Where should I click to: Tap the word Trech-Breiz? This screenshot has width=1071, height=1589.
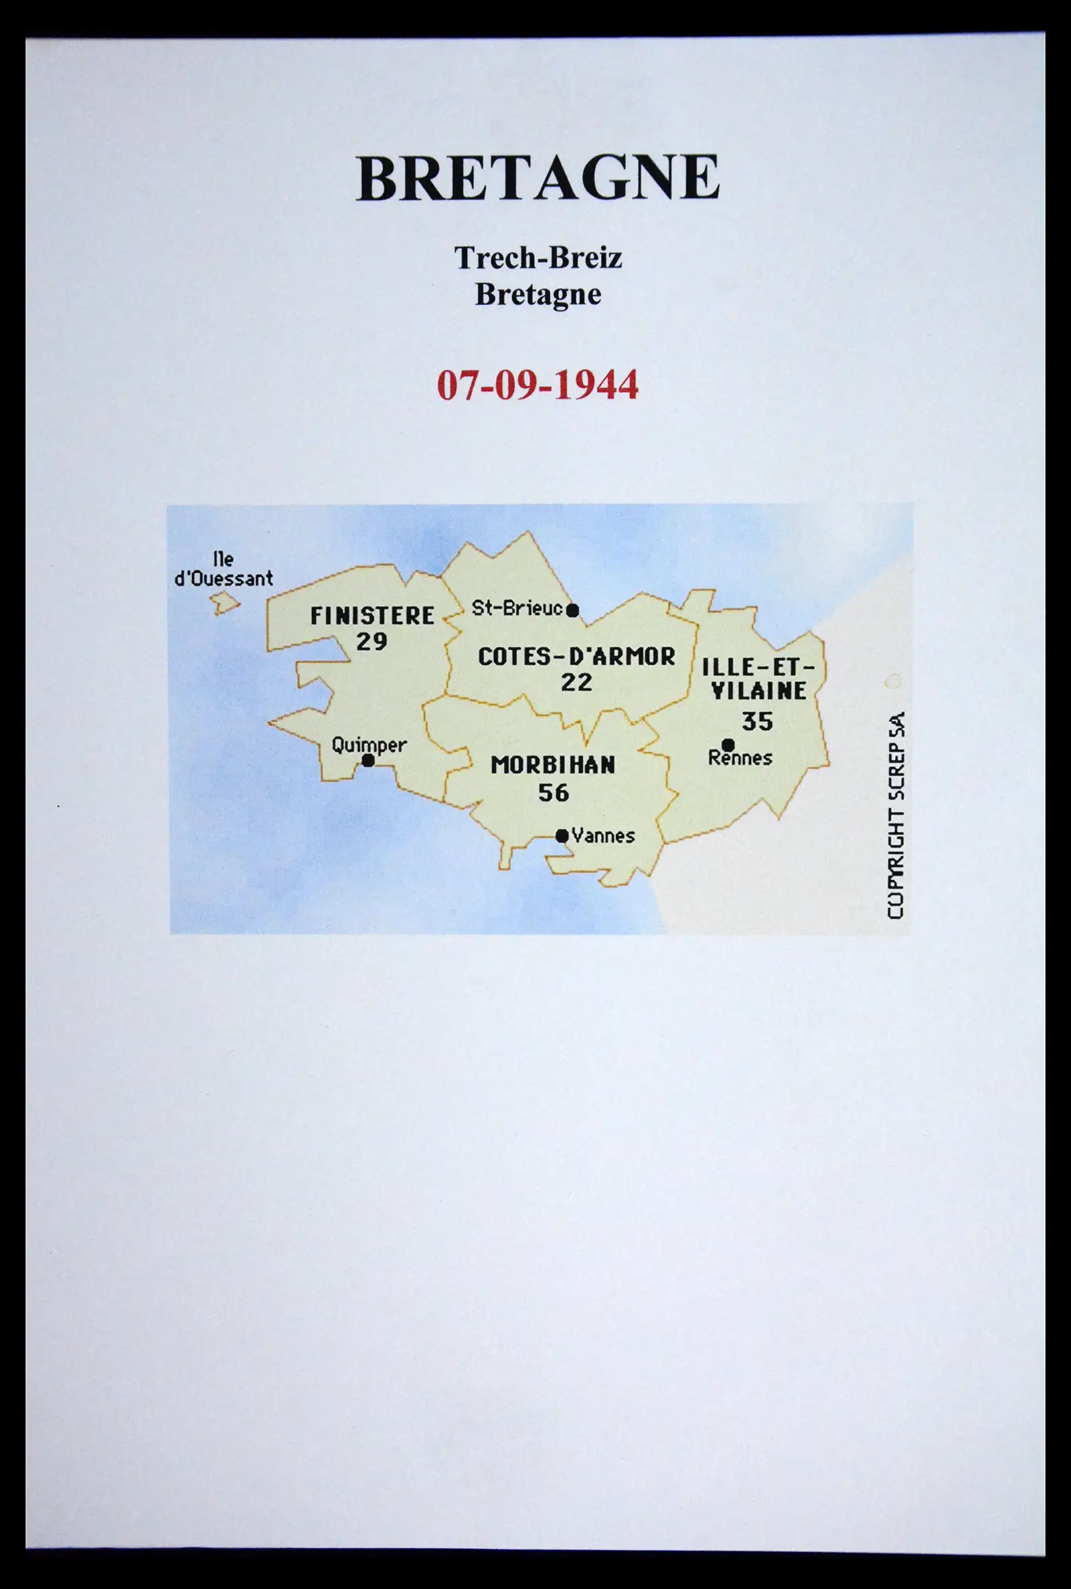[x=538, y=258]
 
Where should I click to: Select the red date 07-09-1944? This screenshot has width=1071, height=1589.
[x=538, y=385]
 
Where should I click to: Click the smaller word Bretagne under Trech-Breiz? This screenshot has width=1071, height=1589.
[x=538, y=294]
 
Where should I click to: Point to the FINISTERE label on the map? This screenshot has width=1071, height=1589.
[x=372, y=616]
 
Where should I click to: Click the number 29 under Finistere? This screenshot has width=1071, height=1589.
[x=372, y=642]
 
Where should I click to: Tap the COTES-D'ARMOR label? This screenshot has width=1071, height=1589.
[x=576, y=656]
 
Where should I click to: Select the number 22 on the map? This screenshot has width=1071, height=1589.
[x=576, y=682]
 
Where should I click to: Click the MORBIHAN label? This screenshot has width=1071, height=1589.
[x=554, y=765]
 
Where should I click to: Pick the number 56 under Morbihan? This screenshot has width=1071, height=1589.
[x=554, y=792]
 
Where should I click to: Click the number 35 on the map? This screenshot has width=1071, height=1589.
[x=758, y=721]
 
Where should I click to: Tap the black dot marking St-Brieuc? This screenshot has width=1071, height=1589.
[x=572, y=610]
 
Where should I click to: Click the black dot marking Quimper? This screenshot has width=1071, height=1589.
[x=367, y=760]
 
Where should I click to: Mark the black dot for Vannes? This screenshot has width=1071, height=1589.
[x=562, y=836]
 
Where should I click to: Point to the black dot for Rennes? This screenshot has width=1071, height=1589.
[x=728, y=745]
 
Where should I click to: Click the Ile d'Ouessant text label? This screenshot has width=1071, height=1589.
[x=224, y=569]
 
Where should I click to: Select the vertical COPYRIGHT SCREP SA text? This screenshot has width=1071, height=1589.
[x=896, y=816]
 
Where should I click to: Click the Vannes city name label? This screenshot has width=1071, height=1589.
[x=603, y=836]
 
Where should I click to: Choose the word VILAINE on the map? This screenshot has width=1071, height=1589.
[x=759, y=690]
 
